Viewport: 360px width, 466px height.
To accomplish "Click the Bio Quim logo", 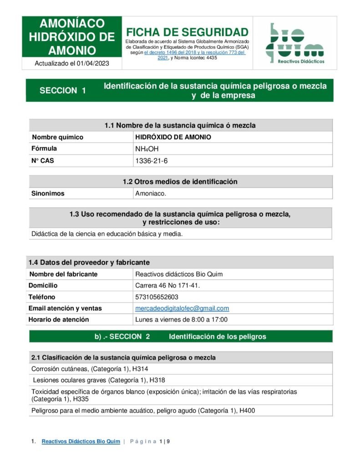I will [294, 43].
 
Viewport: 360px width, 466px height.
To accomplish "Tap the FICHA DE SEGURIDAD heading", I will [187, 32].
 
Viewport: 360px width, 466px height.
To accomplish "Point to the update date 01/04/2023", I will [93, 64].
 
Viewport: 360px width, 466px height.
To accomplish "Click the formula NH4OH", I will [147, 149].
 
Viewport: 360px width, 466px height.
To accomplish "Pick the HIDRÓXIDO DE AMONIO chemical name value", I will [173, 137].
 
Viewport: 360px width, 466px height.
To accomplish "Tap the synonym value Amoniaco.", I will [151, 193].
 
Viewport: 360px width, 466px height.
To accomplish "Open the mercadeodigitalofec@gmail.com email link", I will [182, 309].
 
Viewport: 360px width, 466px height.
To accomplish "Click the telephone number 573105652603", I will [157, 297].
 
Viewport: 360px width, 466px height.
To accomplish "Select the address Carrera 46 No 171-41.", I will [167, 286].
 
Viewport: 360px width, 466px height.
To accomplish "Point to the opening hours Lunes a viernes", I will [181, 319].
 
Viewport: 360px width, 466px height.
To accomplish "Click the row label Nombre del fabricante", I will [63, 274].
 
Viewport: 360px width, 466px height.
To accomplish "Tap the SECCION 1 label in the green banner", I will [63, 91].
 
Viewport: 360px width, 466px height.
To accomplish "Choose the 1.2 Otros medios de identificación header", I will [180, 182].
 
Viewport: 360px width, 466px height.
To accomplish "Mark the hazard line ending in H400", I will [143, 410].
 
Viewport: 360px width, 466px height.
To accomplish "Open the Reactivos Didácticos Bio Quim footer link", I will [81, 441].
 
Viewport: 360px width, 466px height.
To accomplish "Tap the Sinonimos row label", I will [48, 193].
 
